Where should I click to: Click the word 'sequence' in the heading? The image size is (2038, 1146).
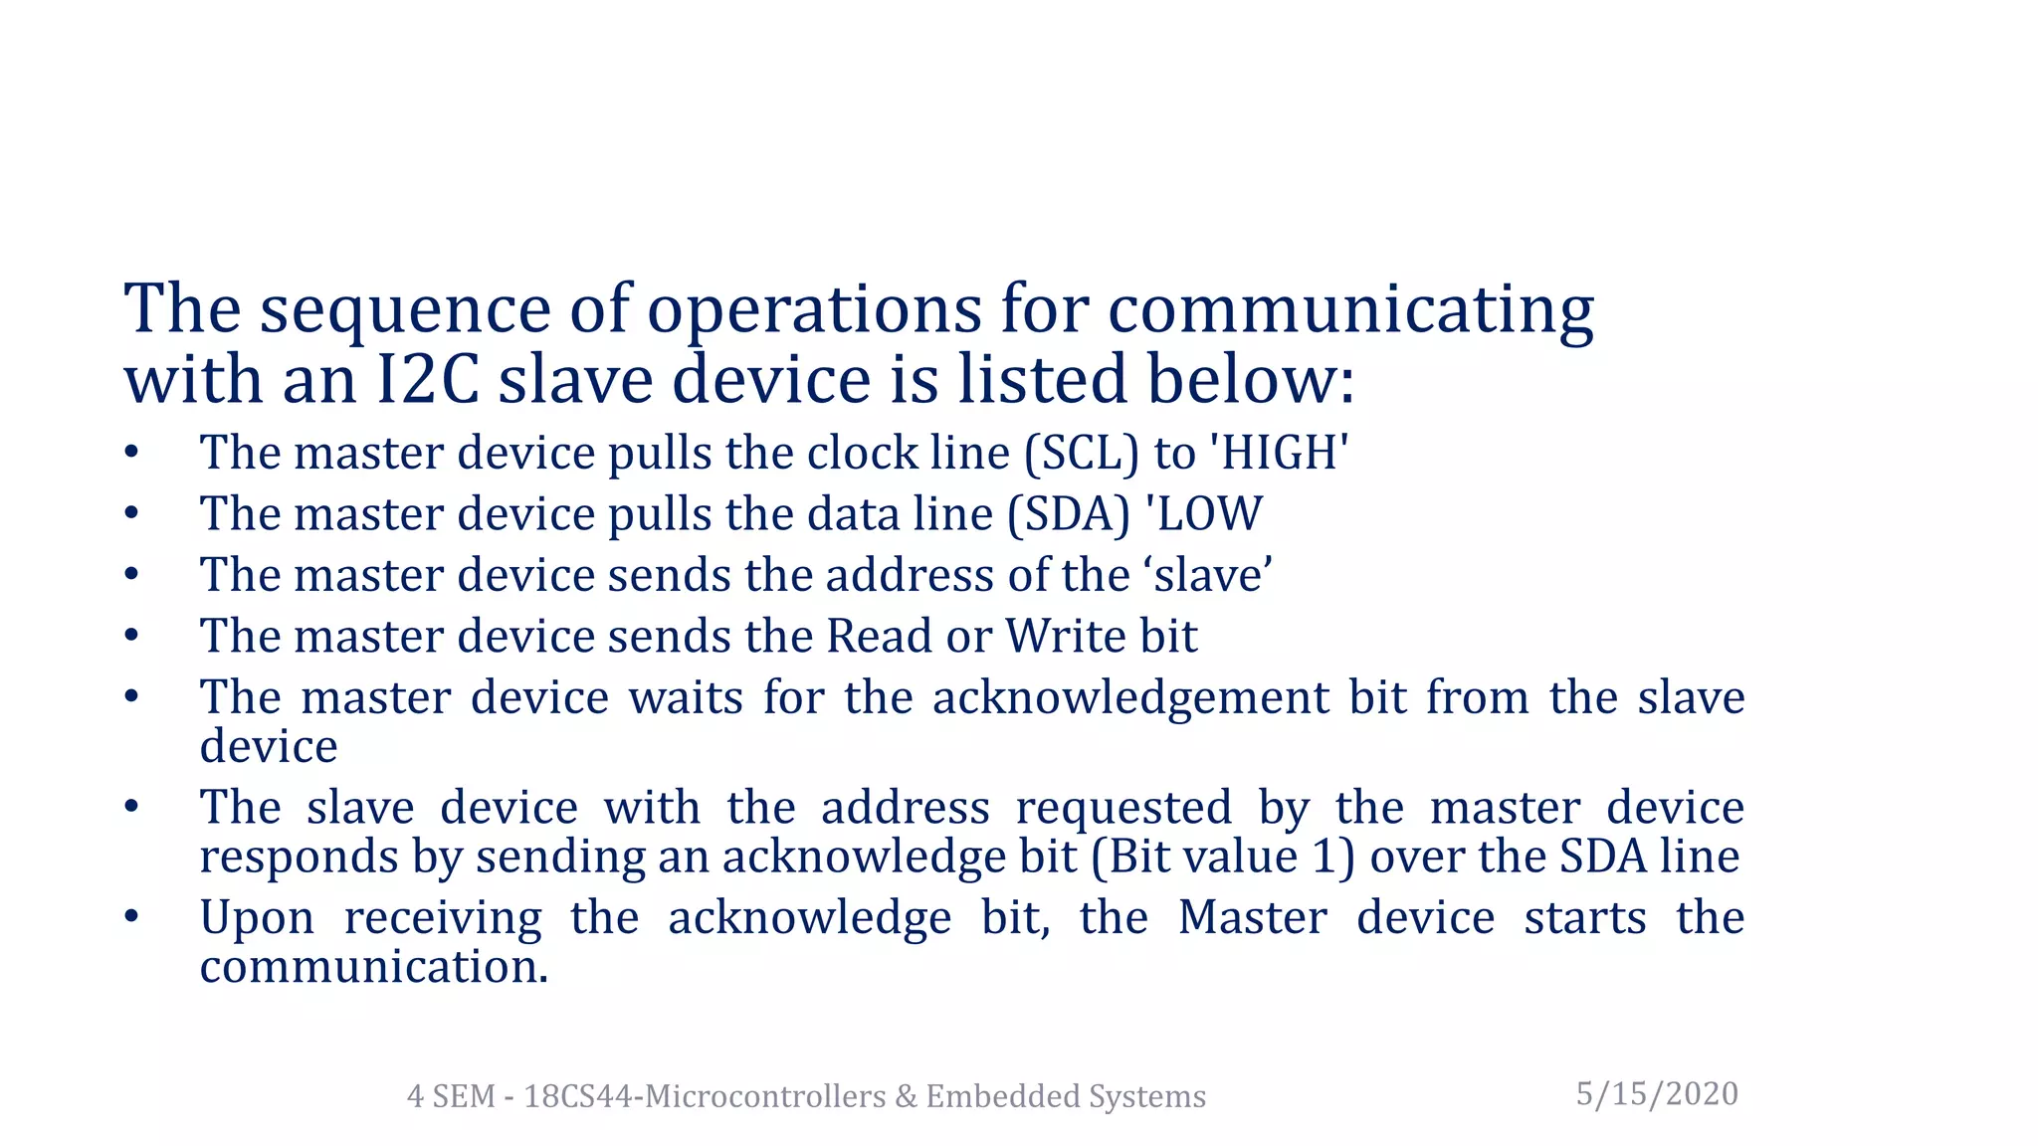404,310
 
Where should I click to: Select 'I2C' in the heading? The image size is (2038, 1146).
429,380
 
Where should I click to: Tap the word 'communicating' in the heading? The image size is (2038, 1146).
1350,310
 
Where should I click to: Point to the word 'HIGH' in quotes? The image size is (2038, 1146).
1279,454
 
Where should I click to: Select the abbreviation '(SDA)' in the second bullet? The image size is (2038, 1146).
1069,514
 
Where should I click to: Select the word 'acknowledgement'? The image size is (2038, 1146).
1130,698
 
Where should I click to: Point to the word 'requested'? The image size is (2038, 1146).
1123,808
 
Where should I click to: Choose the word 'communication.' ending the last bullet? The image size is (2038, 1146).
374,967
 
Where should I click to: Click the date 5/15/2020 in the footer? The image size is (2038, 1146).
1657,1094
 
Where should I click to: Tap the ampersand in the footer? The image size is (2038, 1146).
906,1096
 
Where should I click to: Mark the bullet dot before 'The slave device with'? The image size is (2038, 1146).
131,806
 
